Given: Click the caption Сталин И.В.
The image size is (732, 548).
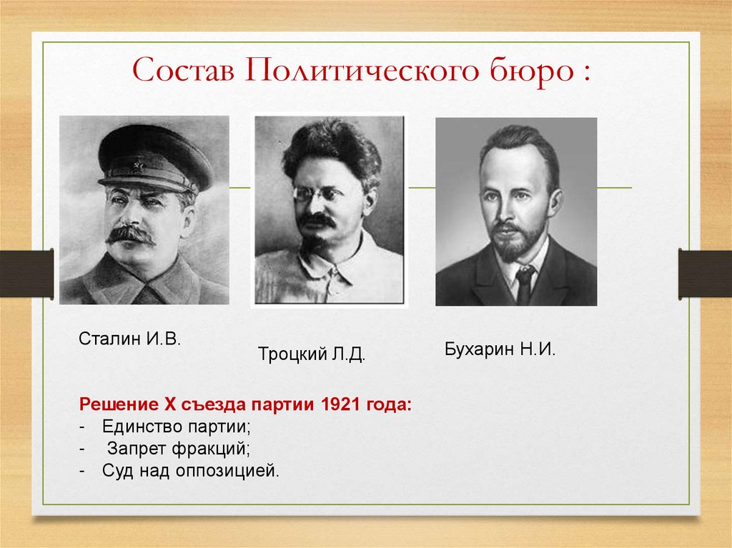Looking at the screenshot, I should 129,337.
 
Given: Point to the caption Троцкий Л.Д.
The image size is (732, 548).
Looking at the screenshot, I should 311,354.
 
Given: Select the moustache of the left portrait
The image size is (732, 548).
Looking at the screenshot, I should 130,234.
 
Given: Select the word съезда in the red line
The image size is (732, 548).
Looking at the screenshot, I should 211,404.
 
